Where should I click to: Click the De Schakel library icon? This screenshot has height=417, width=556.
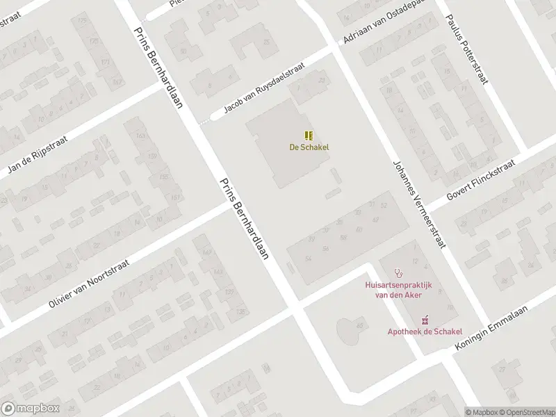[x=309, y=136]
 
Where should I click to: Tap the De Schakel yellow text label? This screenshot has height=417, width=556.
[x=309, y=147]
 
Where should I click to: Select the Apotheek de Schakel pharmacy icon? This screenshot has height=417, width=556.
[x=424, y=320]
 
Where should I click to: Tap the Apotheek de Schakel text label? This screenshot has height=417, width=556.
[x=425, y=332]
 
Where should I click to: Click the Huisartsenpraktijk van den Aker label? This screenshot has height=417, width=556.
[x=398, y=289]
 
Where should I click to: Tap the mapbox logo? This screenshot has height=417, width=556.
[x=30, y=408]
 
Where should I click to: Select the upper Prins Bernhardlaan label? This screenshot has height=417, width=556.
[x=158, y=64]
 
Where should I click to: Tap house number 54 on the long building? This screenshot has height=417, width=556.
[x=308, y=258]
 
